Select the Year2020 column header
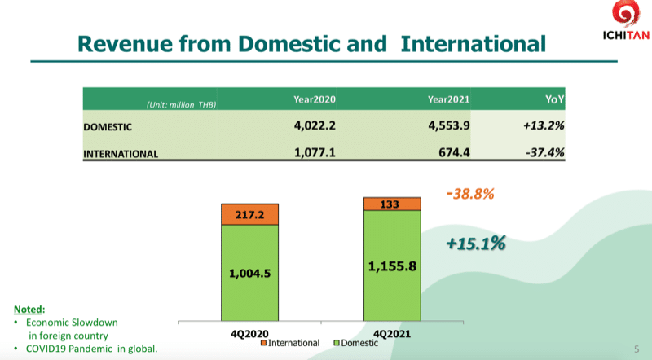tap(315, 99)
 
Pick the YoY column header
tap(555, 99)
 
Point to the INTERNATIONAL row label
tap(120, 153)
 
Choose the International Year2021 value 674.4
tap(456, 151)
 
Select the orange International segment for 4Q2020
tap(251, 214)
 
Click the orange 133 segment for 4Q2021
tap(392, 204)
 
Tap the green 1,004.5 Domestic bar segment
tap(251, 272)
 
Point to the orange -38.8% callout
tap(471, 195)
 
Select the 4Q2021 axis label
tap(392, 331)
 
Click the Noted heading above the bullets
tap(29, 310)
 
